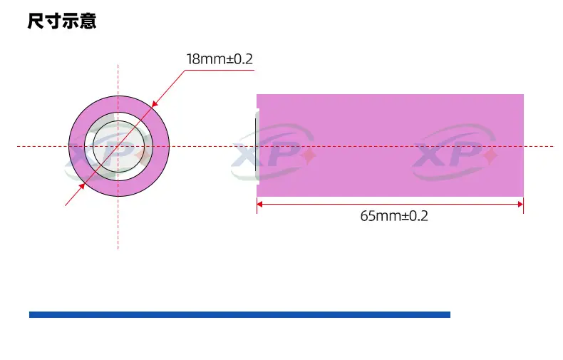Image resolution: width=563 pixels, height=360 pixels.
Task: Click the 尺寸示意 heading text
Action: click(x=62, y=21)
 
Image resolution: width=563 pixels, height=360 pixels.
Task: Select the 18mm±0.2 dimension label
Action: click(x=219, y=59)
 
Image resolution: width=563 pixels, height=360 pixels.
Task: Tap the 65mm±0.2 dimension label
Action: click(x=394, y=216)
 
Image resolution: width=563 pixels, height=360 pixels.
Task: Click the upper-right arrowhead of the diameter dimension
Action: click(x=155, y=104)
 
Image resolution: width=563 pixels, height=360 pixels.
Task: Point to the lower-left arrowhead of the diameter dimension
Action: click(x=82, y=186)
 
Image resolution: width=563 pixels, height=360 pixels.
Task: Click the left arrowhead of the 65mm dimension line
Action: click(x=259, y=204)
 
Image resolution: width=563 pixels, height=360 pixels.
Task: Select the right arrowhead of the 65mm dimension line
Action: click(x=521, y=204)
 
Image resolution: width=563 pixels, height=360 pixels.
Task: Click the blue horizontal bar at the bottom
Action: click(x=239, y=314)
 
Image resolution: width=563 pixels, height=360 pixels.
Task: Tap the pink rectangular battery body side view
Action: click(x=390, y=145)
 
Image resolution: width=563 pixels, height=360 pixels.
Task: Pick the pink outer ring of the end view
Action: click(x=161, y=146)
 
